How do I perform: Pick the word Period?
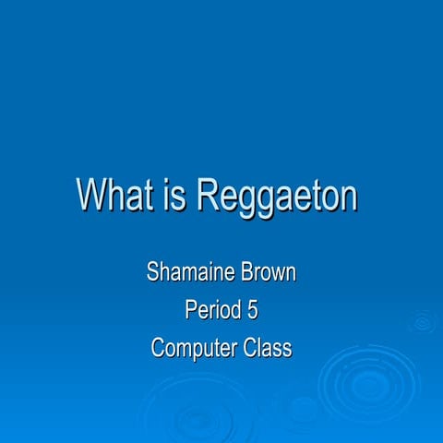210,311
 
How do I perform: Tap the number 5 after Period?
252,311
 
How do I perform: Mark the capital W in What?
90,196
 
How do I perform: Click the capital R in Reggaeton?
209,196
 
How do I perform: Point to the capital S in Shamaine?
153,273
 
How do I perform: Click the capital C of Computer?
158,349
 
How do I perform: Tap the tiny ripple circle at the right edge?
423,323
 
